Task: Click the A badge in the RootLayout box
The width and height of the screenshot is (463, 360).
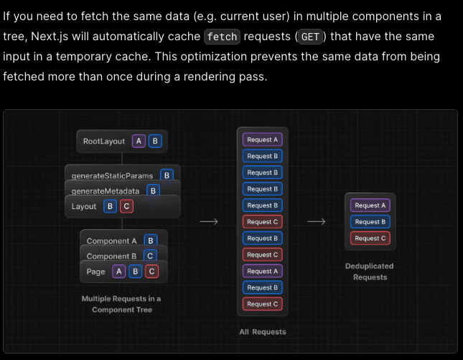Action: tap(139, 141)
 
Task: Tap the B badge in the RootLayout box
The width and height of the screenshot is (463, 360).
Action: tap(154, 141)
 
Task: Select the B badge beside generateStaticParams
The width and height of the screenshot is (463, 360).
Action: tap(167, 175)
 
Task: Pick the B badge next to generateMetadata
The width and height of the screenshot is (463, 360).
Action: tap(152, 190)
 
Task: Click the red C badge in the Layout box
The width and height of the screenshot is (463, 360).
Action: tap(126, 206)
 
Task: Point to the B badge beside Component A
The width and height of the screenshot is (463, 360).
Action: tap(149, 241)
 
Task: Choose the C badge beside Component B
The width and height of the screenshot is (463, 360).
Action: tap(149, 256)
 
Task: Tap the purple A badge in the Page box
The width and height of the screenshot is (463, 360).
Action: tap(118, 271)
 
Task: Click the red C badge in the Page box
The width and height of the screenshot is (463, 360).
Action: tap(151, 271)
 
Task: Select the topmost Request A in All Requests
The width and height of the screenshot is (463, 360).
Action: tap(262, 139)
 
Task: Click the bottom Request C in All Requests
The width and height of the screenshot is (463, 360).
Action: tap(262, 304)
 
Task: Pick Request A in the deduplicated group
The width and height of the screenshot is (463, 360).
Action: tap(370, 206)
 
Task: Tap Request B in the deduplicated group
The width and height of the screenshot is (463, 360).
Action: tap(370, 222)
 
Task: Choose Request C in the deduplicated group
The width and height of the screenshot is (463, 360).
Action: tap(370, 238)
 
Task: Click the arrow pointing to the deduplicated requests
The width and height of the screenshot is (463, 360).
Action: tap(317, 222)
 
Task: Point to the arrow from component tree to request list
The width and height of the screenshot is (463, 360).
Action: tap(209, 222)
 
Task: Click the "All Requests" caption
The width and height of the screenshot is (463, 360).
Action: tap(263, 332)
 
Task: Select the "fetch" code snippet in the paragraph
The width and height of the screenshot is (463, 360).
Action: tap(222, 37)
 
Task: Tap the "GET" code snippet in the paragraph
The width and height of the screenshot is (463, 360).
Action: tap(310, 37)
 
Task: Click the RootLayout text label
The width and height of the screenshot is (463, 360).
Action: tap(104, 142)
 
